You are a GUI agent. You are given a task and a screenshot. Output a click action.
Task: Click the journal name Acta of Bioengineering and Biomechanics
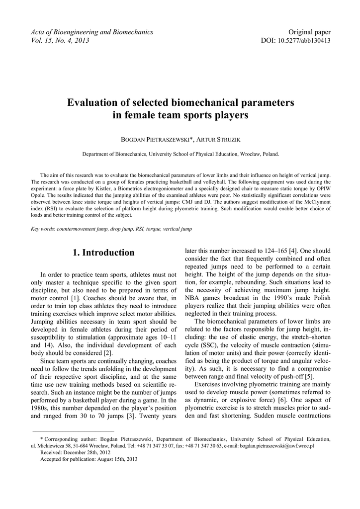tap(91, 32)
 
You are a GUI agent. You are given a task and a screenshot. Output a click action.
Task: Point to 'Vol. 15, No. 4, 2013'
tap(60, 40)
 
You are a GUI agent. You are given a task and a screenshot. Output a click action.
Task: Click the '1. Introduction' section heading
tap(103, 253)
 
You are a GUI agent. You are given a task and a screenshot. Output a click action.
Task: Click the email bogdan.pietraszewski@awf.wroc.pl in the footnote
tap(277, 446)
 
